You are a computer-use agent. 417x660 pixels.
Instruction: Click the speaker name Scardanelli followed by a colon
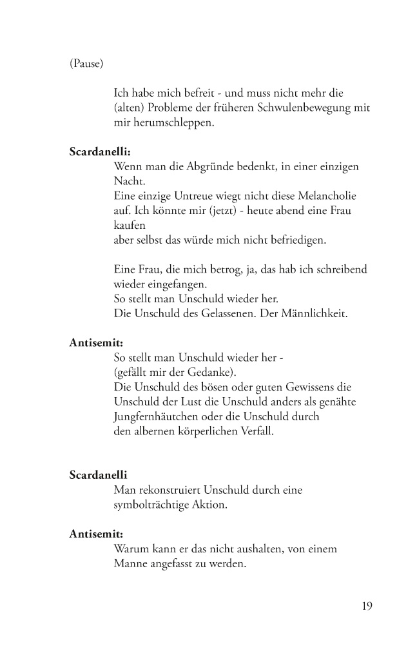click(100, 153)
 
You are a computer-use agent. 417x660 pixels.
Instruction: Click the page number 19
click(366, 605)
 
